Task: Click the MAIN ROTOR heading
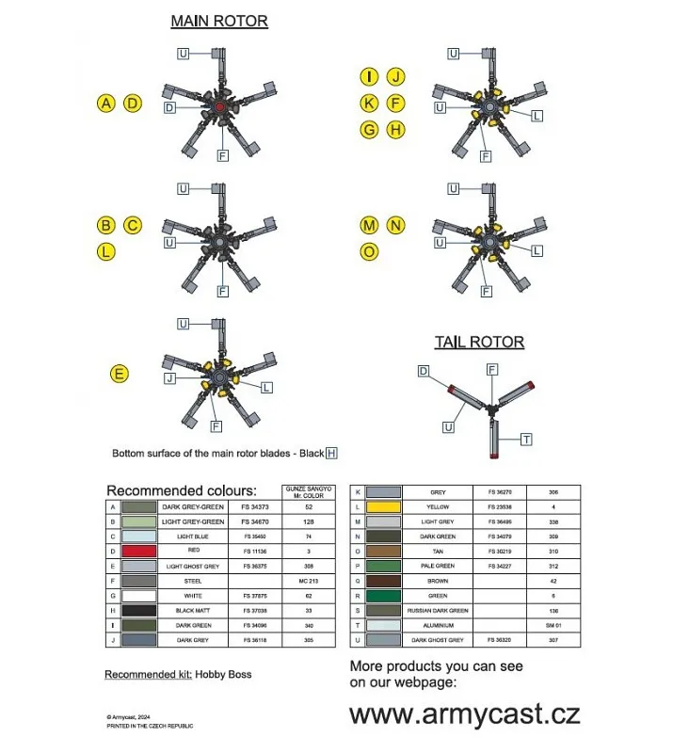click(x=218, y=21)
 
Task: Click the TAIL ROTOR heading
click(x=479, y=342)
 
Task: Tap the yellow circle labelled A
click(x=106, y=104)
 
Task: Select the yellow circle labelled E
click(x=119, y=375)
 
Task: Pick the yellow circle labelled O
click(x=370, y=251)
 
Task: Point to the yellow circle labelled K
click(x=370, y=104)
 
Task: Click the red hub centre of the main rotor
click(x=219, y=109)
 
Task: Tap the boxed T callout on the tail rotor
click(x=526, y=440)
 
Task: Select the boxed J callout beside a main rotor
click(x=169, y=378)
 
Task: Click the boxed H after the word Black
click(x=331, y=453)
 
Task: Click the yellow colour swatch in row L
click(x=383, y=506)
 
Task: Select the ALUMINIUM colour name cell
click(x=438, y=625)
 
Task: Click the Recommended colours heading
click(x=181, y=490)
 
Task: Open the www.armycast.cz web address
click(x=465, y=714)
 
